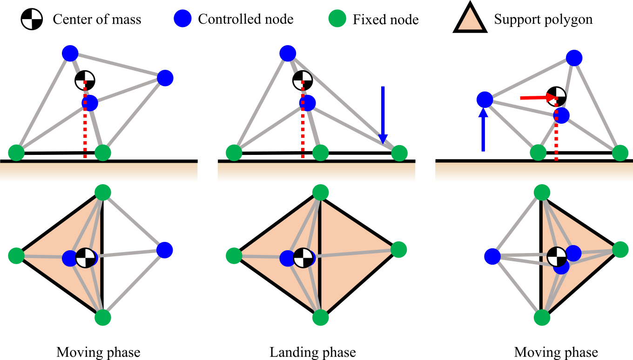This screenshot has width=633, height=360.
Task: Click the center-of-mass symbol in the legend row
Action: point(32,19)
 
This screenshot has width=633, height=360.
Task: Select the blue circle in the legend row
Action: point(182,19)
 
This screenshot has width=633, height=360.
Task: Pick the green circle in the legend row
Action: point(337,19)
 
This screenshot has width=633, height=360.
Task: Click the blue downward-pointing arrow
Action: point(383,114)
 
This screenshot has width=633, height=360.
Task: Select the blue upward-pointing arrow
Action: point(483,130)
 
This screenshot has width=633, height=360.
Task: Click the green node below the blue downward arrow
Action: point(399,153)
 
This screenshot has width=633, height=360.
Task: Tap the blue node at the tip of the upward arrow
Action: point(485,100)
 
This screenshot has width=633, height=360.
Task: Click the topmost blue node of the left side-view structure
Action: point(70,53)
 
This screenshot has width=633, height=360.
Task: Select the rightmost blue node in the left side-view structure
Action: point(165,78)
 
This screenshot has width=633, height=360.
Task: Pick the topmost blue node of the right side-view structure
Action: point(574,58)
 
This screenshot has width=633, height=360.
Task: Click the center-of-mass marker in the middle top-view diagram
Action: point(303,258)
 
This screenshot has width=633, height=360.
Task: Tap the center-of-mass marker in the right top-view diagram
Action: point(557,257)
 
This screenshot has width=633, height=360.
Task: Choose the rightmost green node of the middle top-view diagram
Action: point(399,250)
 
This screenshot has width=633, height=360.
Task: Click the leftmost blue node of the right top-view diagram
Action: point(492,256)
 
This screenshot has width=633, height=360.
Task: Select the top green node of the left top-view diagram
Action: point(103,192)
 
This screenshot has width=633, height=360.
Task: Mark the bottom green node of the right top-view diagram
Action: point(542,318)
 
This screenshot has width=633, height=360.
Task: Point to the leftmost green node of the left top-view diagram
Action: point(16,256)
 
